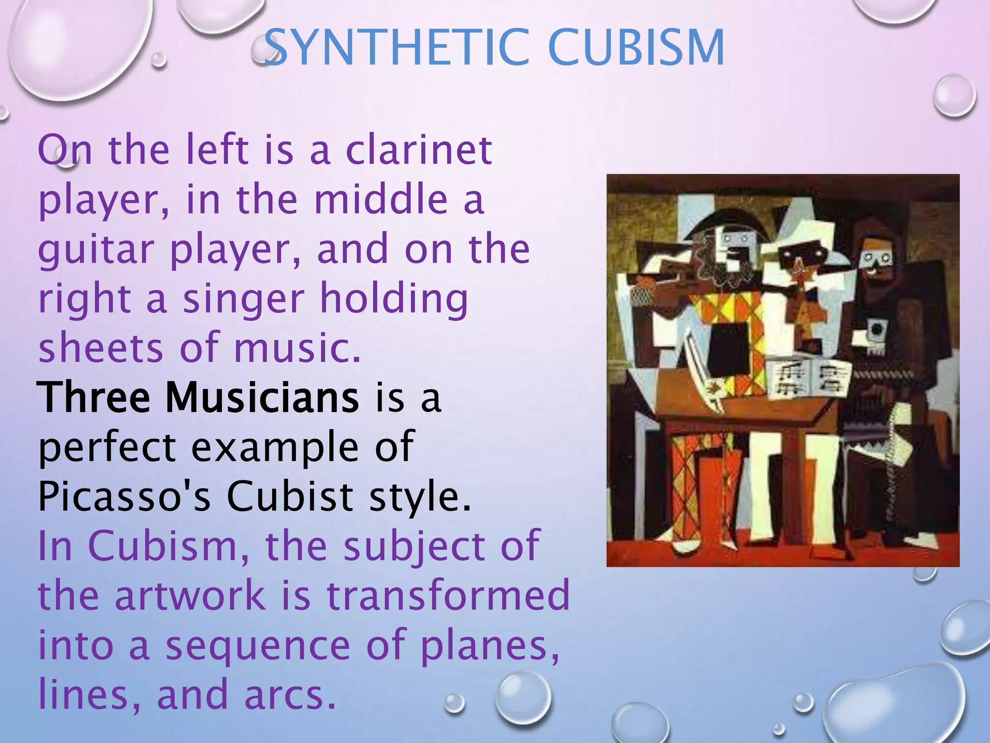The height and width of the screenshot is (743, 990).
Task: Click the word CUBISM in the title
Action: [636, 47]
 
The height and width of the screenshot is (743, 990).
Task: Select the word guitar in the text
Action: [96, 250]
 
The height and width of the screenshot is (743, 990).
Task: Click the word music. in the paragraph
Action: [297, 348]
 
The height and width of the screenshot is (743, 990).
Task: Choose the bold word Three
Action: [94, 398]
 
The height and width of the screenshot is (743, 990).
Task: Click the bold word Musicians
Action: [262, 398]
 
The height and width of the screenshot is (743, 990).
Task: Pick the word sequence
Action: [257, 646]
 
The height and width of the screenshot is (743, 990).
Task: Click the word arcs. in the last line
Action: [289, 696]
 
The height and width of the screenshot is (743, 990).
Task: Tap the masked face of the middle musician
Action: [800, 259]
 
